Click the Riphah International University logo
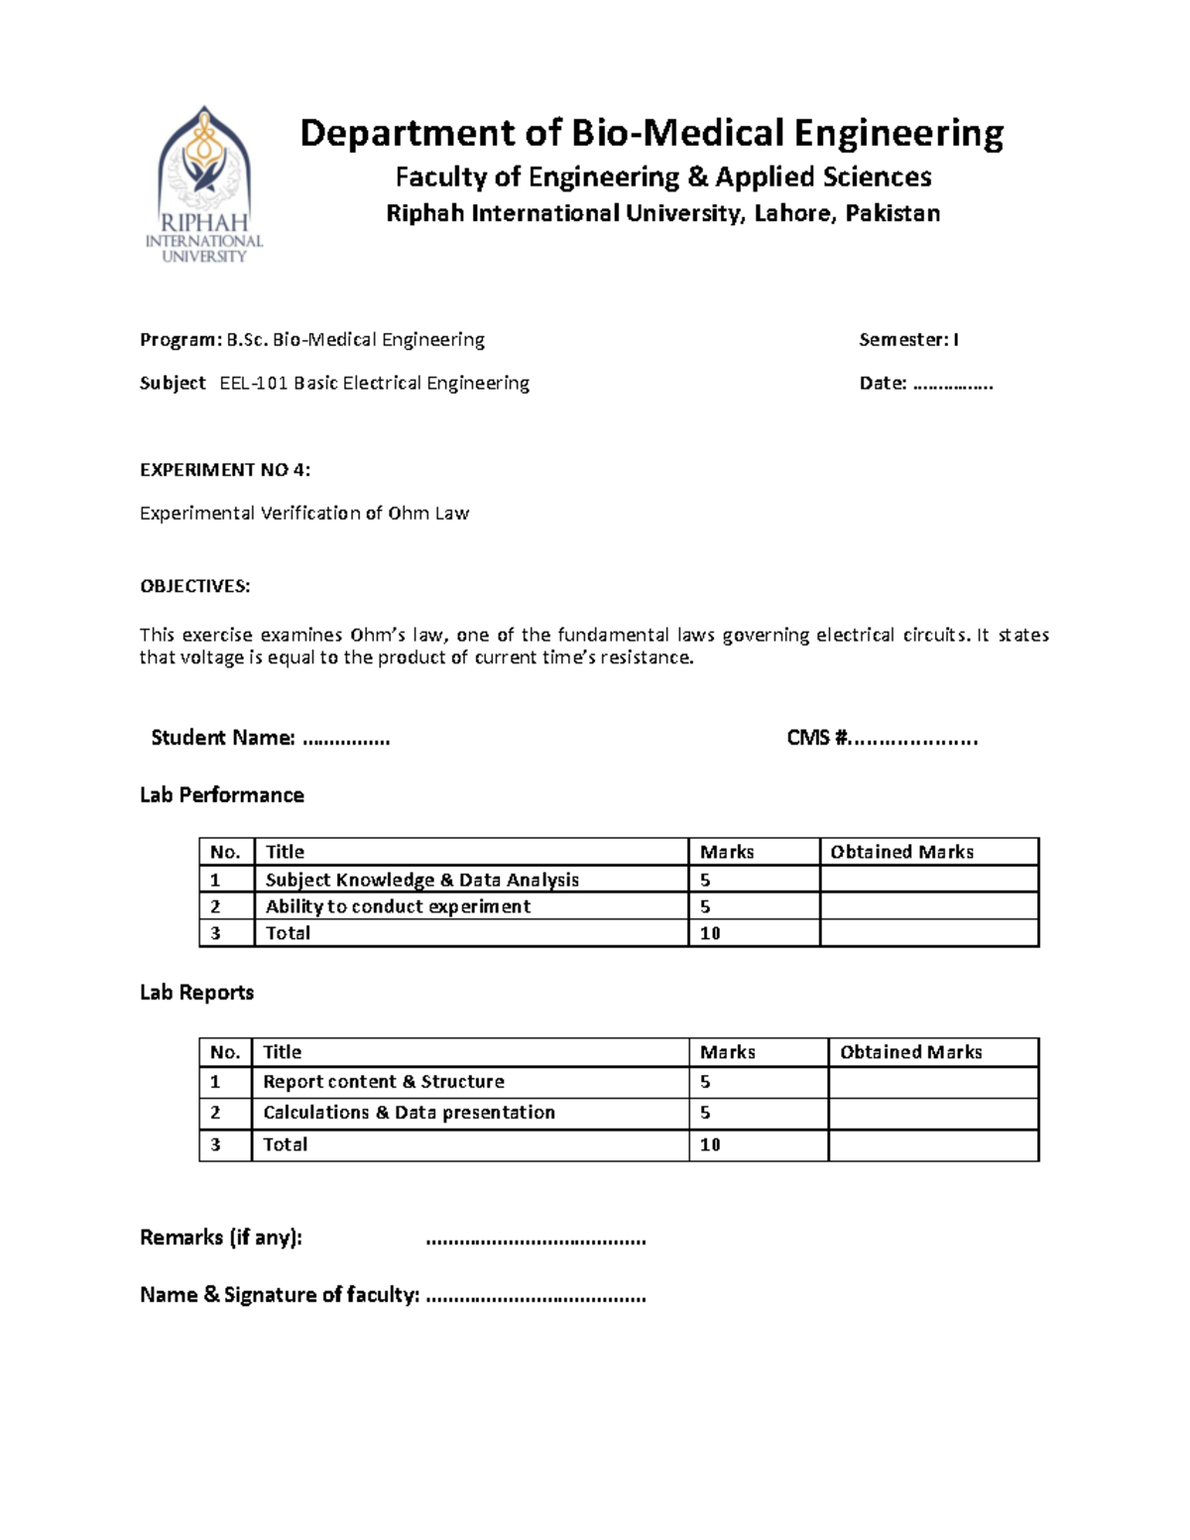[x=204, y=183]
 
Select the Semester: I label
[x=908, y=340]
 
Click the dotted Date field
[x=952, y=384]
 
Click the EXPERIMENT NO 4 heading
[x=225, y=470]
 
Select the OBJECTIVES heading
[x=194, y=586]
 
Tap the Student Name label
[x=222, y=738]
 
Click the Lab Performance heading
[x=221, y=795]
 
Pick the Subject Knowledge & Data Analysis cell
[x=421, y=880]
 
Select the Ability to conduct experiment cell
[x=398, y=906]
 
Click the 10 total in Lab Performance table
[x=710, y=933]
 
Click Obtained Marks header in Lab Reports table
[x=910, y=1052]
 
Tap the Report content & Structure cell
[x=383, y=1082]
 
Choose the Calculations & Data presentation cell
[x=409, y=1113]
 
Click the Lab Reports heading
[x=196, y=993]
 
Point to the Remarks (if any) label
[x=220, y=1238]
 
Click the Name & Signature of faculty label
[x=280, y=1295]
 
